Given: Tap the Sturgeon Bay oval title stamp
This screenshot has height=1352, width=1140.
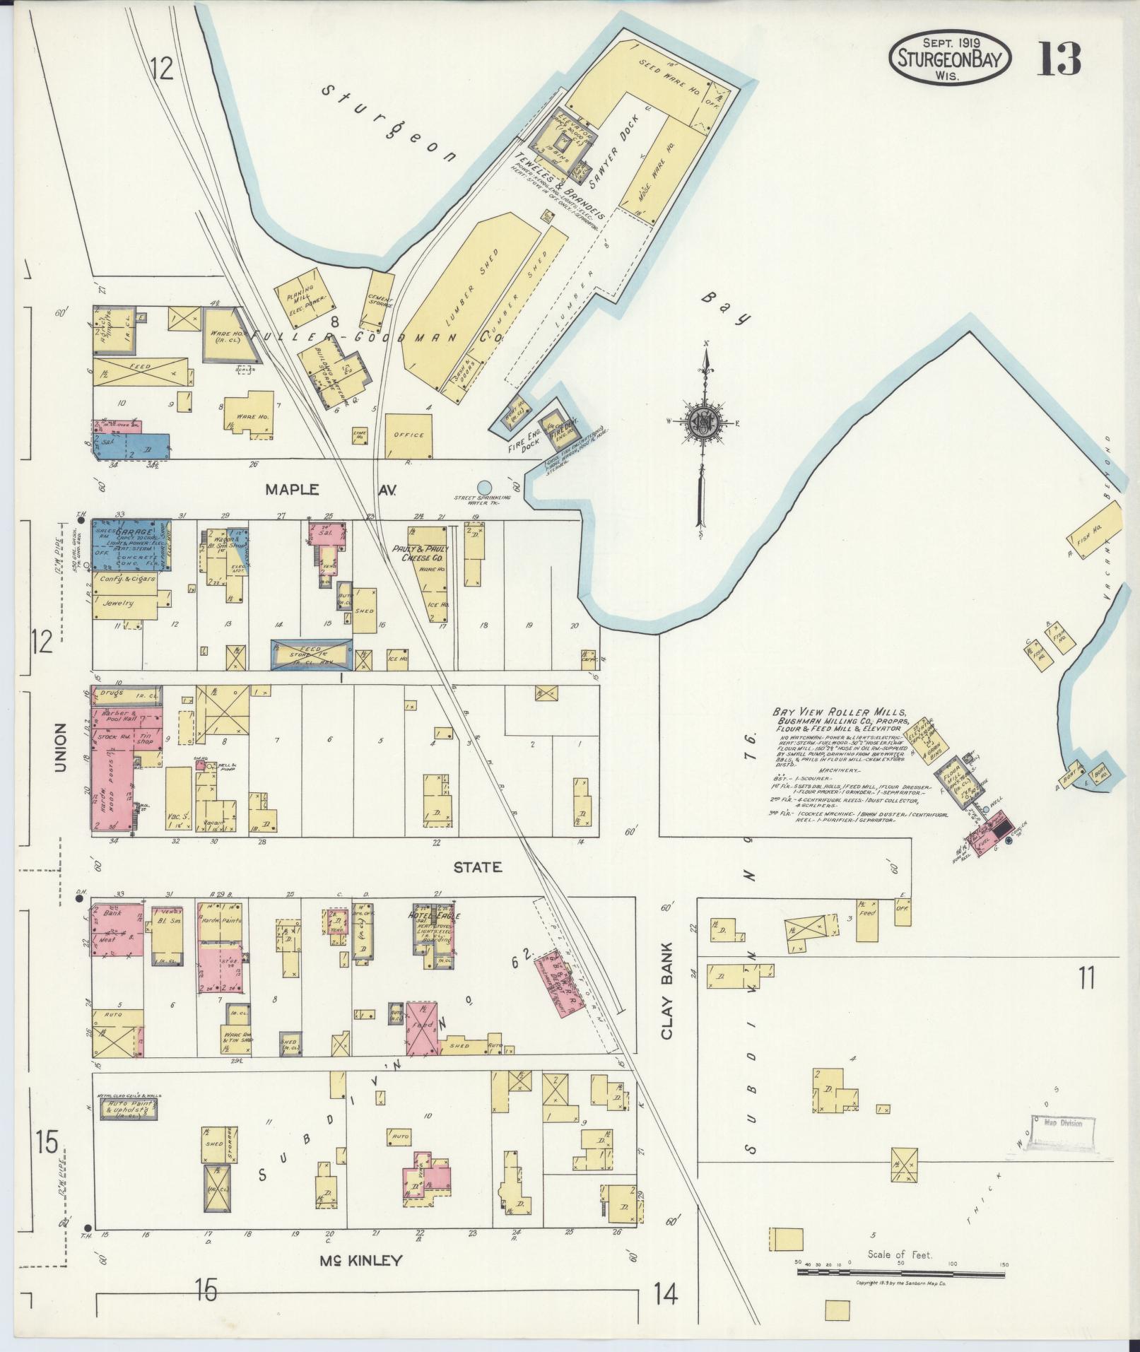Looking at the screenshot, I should (950, 59).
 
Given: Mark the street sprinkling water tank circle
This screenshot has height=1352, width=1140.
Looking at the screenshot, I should (483, 487).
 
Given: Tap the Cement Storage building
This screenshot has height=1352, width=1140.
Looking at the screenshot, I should (380, 305).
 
